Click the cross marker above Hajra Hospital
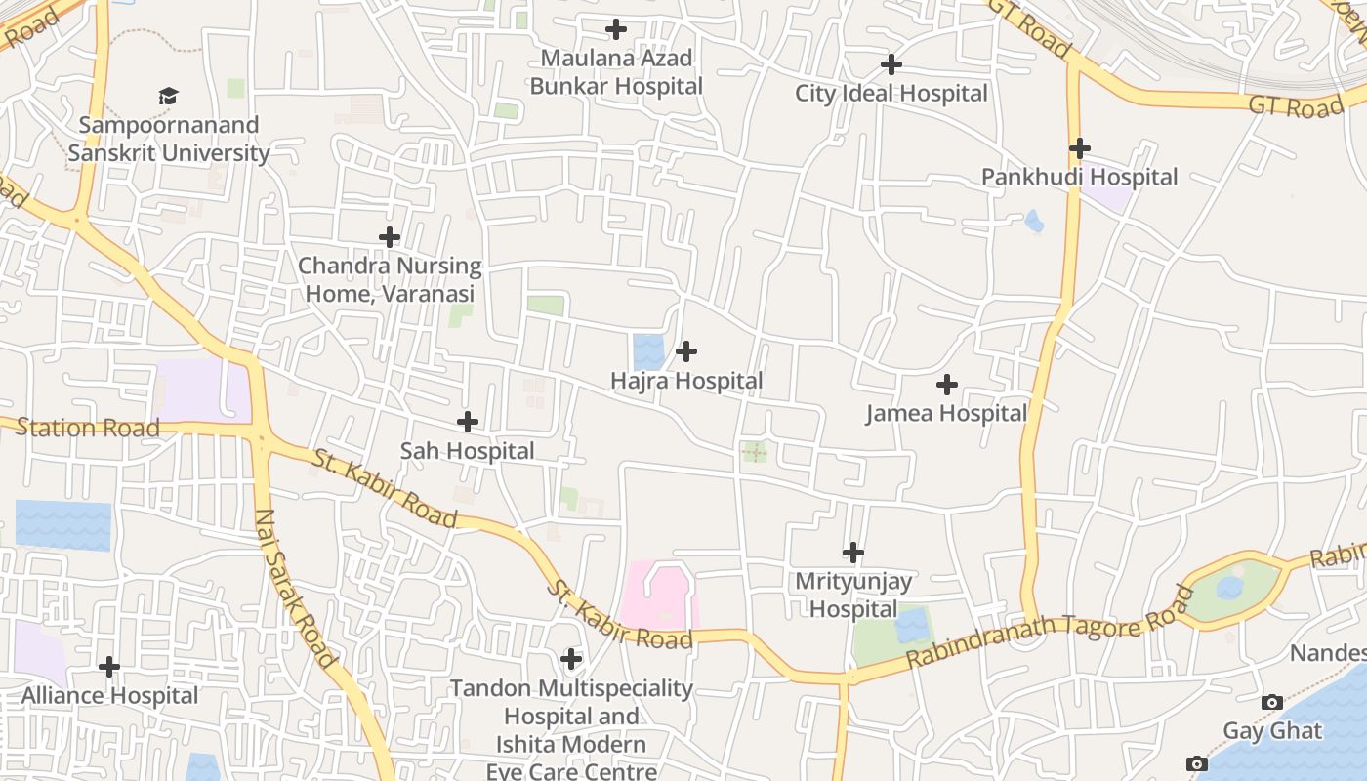tap(686, 351)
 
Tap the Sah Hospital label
tap(467, 451)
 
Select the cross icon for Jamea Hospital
tap(946, 385)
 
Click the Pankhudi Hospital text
tap(1079, 178)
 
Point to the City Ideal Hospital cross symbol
tap(891, 64)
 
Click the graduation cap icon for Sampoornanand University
tap(169, 96)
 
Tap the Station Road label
tap(88, 428)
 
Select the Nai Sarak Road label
tap(297, 588)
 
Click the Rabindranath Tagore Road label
tap(1050, 627)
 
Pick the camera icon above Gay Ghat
tap(1271, 702)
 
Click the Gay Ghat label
tap(1271, 731)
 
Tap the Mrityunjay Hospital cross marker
tap(853, 553)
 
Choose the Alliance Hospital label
tap(109, 696)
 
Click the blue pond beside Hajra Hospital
tap(647, 351)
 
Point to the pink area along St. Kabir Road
tap(657, 594)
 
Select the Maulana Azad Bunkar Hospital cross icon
tap(615, 29)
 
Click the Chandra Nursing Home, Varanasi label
tap(390, 279)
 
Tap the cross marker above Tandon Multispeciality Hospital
tap(571, 659)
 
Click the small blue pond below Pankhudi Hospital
tap(1034, 223)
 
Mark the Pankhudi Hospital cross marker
tap(1079, 148)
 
